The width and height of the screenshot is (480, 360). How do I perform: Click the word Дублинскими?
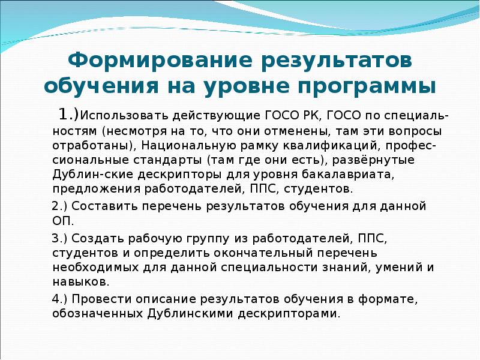click(183, 313)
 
